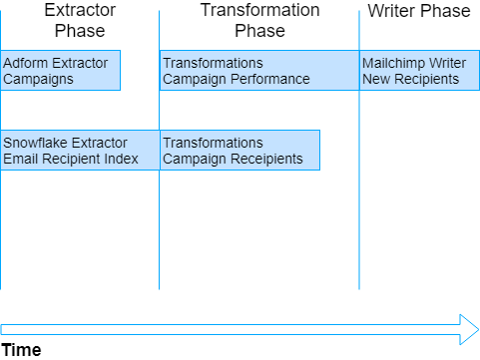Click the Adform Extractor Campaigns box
point(60,71)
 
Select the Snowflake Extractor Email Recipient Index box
point(80,150)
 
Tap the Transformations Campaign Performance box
point(259,71)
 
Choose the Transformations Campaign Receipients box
point(240,150)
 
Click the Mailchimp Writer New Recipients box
point(419,71)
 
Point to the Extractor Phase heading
point(79,20)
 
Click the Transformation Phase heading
point(259,20)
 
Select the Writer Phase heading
point(418,11)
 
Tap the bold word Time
point(21,350)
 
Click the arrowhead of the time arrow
point(469,329)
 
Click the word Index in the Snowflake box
point(121,159)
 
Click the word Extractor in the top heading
point(79,10)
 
